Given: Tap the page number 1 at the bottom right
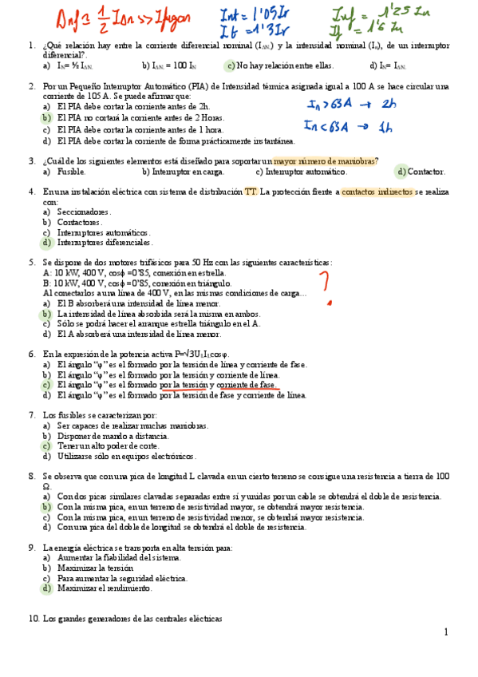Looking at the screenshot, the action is point(447,632).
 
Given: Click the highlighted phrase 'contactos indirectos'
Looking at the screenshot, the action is point(377,192).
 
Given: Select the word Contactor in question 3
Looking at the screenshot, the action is point(425,172).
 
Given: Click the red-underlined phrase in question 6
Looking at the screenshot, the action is point(219,385).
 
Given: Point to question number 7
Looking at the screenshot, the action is point(31,415).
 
